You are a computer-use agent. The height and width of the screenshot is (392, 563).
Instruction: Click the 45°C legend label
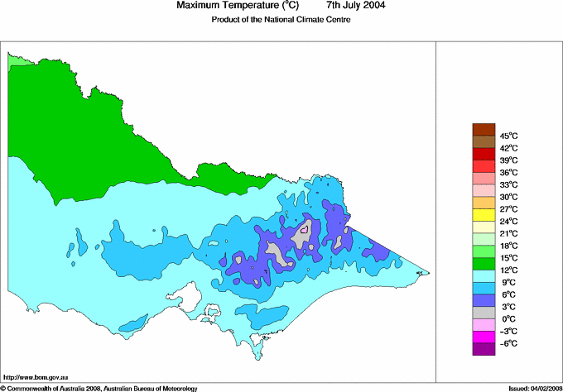(508, 136)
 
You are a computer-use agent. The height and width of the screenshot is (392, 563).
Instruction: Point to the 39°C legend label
(508, 160)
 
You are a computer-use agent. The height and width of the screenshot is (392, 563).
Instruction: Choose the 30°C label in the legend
(508, 197)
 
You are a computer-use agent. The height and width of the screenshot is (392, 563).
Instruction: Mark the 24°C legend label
(508, 222)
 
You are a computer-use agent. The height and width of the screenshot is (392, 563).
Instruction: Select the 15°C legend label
(508, 258)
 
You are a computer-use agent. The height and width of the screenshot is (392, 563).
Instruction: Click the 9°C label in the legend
(506, 282)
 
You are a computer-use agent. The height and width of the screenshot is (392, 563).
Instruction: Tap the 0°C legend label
(506, 318)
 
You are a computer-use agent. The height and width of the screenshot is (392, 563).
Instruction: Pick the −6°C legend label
(506, 343)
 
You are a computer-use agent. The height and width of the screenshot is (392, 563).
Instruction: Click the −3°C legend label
(506, 331)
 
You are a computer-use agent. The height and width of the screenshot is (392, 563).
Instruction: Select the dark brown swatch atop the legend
(483, 129)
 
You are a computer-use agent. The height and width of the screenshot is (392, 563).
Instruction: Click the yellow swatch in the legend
(483, 215)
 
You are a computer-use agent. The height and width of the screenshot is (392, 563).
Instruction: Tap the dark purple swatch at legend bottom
(483, 349)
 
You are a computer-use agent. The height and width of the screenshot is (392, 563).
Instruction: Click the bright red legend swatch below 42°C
(483, 154)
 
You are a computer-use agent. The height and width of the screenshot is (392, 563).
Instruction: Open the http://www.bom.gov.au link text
(36, 377)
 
